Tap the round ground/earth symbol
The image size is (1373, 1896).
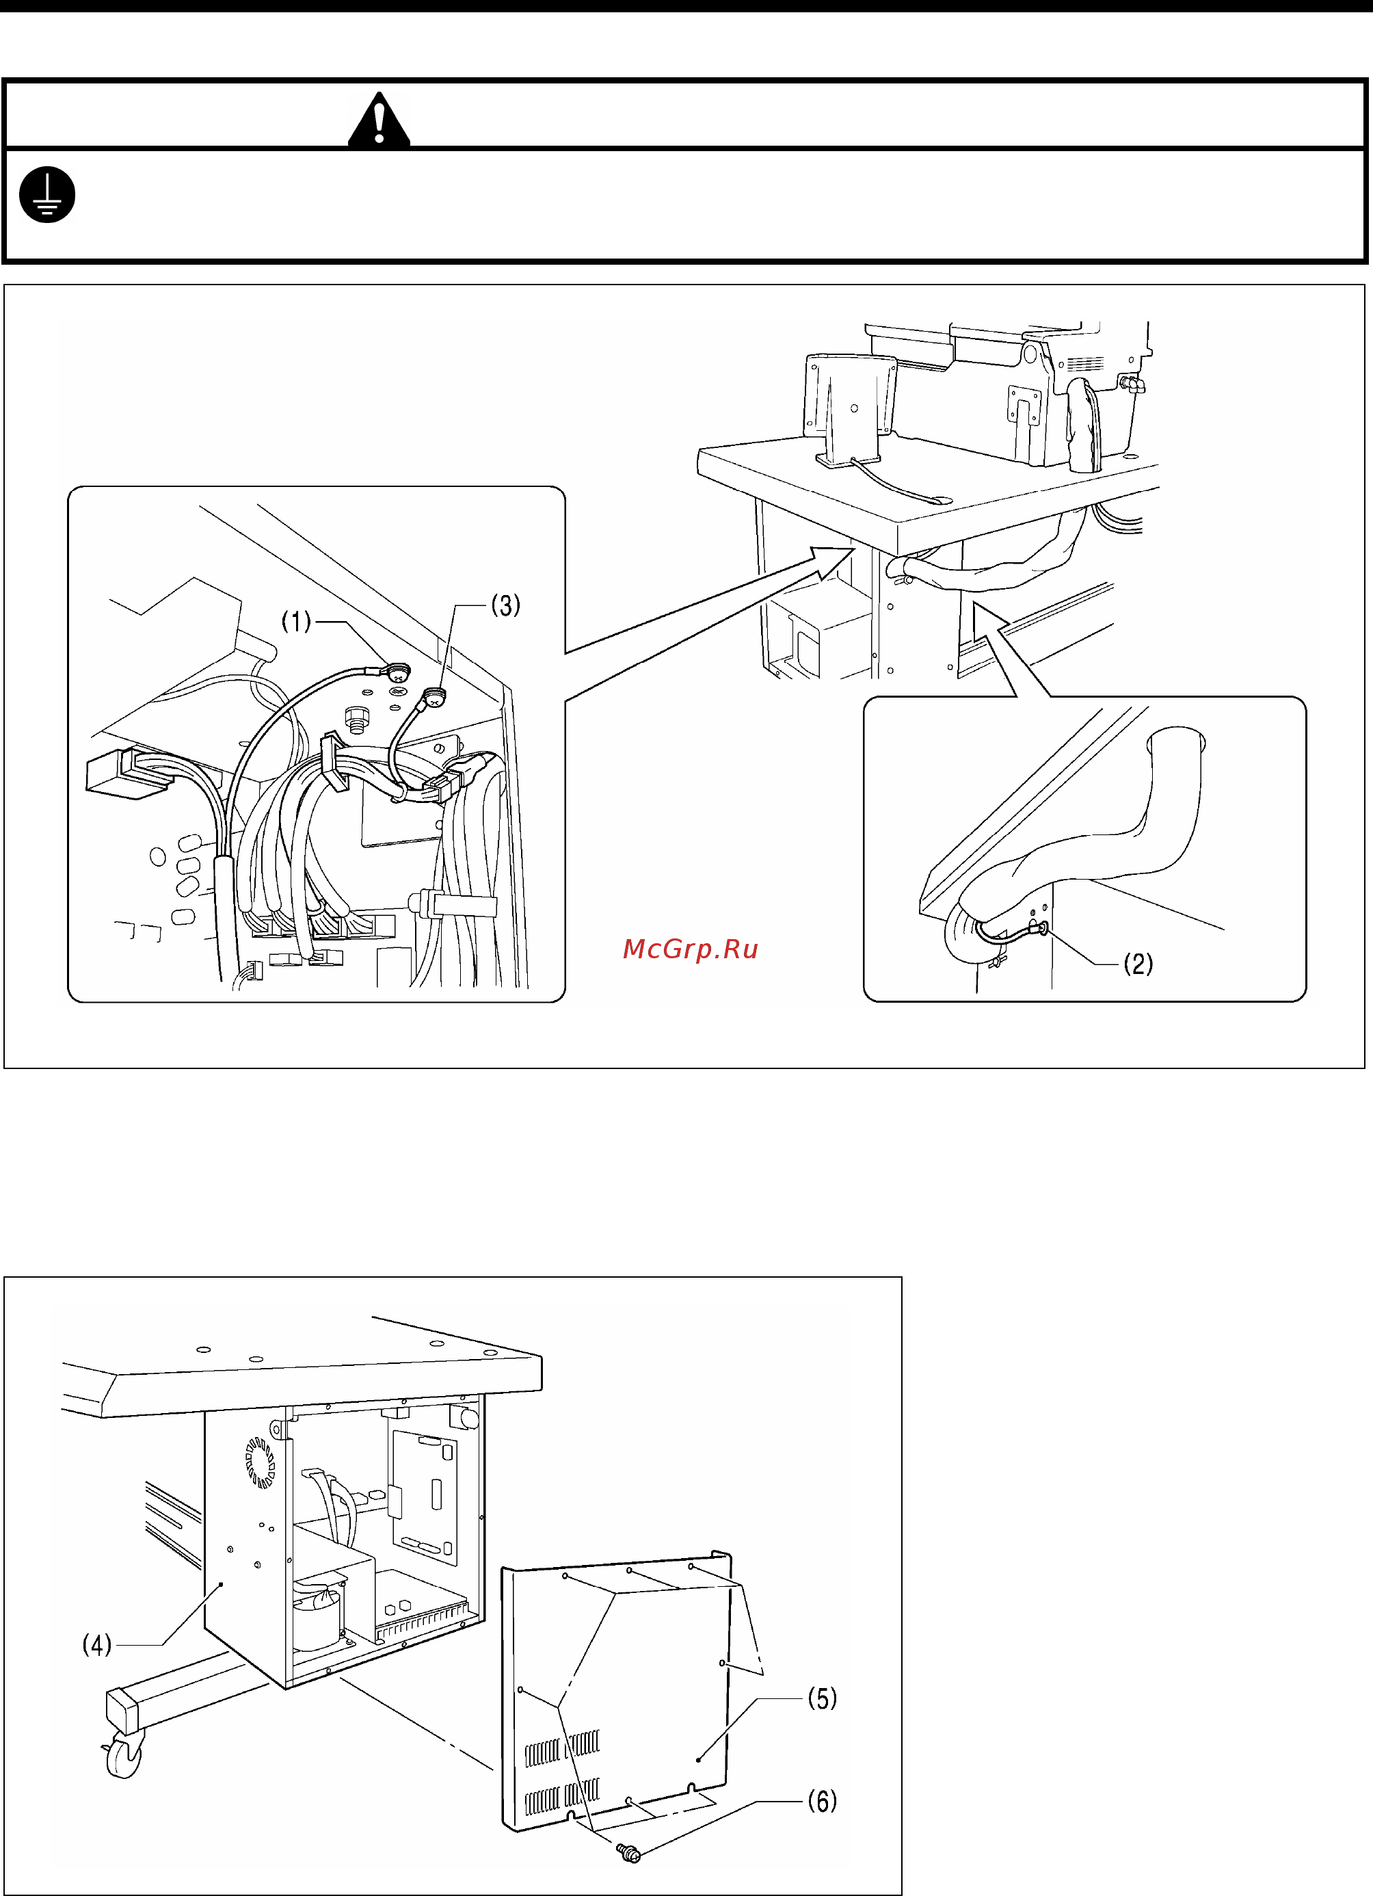click(x=48, y=195)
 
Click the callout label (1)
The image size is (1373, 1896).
click(x=296, y=621)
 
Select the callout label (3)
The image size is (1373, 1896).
click(x=505, y=605)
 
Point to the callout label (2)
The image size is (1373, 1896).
click(x=1138, y=964)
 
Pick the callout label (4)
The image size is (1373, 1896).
click(x=97, y=1644)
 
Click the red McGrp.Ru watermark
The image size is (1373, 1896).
click(x=690, y=949)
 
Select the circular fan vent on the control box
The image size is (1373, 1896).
click(x=260, y=1462)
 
